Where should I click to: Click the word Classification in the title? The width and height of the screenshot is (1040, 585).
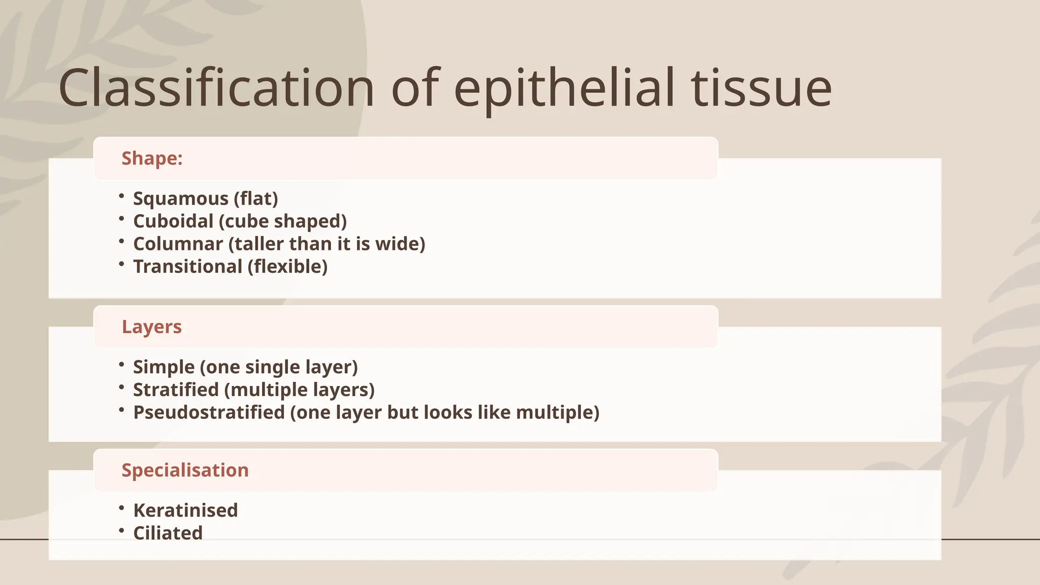[216, 88]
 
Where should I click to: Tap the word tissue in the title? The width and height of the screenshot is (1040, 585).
[761, 88]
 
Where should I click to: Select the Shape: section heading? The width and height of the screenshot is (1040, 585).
[152, 158]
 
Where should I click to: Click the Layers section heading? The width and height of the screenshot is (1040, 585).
[151, 327]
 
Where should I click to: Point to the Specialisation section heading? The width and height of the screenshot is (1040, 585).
[185, 470]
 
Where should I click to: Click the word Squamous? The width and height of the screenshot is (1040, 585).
[180, 199]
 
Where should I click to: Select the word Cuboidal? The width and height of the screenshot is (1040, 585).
[173, 221]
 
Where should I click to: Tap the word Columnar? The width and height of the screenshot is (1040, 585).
[178, 244]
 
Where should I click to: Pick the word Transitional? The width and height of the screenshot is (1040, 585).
[187, 267]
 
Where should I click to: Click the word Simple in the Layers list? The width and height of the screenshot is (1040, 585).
[164, 367]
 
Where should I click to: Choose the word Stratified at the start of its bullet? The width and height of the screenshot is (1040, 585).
[176, 390]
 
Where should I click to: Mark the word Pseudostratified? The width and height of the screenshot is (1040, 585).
[209, 412]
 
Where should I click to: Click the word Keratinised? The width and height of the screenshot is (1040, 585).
[185, 510]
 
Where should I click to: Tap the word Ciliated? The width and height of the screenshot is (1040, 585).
[168, 533]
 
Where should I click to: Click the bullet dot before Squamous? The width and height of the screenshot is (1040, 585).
[121, 196]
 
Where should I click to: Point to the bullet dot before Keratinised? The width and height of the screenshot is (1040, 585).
[121, 508]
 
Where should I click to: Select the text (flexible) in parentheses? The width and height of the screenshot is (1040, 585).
[287, 267]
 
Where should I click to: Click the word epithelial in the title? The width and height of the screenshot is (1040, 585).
[564, 88]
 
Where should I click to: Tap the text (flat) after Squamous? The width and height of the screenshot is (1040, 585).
[256, 199]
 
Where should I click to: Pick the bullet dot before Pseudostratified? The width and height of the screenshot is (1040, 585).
[121, 410]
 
